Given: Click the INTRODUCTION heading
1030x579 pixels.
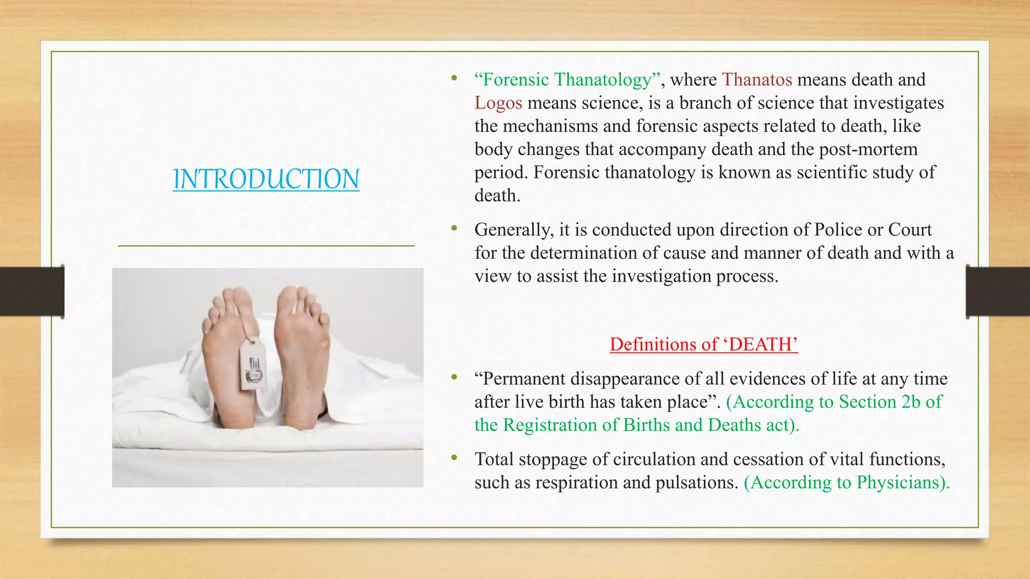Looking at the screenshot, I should tap(266, 179).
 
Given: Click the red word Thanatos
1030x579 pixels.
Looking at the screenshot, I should tap(757, 79).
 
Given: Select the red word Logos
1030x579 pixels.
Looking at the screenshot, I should tap(498, 103).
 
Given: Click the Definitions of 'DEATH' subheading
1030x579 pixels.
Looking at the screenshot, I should tap(704, 344).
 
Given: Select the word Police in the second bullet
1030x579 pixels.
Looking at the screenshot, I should tap(838, 229).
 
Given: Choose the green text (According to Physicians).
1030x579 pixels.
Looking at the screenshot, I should tap(846, 482).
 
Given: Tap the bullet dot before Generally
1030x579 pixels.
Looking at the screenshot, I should tap(454, 229).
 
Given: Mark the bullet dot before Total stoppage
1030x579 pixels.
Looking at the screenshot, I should tap(454, 458).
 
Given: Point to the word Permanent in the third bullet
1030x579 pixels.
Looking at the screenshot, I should tap(519, 378).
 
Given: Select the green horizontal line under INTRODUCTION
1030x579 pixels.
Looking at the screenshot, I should tap(266, 246).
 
